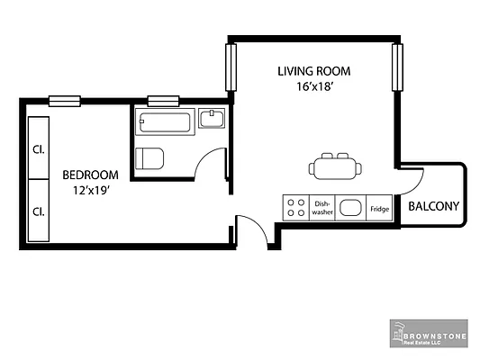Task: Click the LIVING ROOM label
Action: [313, 71]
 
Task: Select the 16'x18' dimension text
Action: [313, 86]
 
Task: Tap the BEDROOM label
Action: [90, 174]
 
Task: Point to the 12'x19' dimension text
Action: [90, 190]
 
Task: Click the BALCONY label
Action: [434, 206]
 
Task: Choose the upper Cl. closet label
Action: [39, 148]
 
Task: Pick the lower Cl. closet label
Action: [39, 211]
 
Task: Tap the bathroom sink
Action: [213, 120]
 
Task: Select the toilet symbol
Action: [149, 158]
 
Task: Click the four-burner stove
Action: [295, 209]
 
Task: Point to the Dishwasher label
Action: [322, 209]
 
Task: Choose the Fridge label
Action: [378, 209]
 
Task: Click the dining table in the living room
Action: [336, 166]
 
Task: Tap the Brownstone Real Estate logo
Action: [430, 332]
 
